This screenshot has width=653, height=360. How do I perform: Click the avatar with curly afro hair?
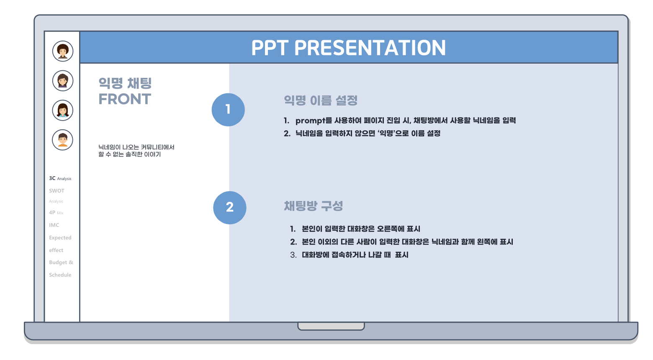63,51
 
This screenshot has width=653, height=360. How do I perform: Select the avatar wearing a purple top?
63,81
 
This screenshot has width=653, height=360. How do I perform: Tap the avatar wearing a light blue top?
63,111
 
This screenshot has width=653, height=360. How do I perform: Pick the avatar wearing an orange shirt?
63,140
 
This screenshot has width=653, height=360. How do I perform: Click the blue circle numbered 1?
228,110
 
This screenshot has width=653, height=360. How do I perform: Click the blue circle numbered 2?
230,208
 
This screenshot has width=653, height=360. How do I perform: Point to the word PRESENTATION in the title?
370,48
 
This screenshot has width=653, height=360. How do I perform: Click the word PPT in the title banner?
270,48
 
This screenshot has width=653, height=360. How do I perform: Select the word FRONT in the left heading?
125,99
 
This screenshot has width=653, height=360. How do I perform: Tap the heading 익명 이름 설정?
321,100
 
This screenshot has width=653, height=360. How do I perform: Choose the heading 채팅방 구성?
314,206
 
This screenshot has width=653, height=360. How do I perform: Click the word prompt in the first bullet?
310,121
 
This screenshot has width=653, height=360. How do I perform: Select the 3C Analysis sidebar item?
60,178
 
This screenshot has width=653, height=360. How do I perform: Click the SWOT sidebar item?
57,191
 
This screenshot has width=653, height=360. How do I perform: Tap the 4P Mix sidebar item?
56,213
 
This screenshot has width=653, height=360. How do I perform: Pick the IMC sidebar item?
54,225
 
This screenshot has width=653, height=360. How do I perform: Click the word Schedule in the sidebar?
60,275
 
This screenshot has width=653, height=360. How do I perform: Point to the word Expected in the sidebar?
60,238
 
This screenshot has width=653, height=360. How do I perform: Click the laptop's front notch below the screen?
331,326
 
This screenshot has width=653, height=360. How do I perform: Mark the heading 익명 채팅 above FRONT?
125,83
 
